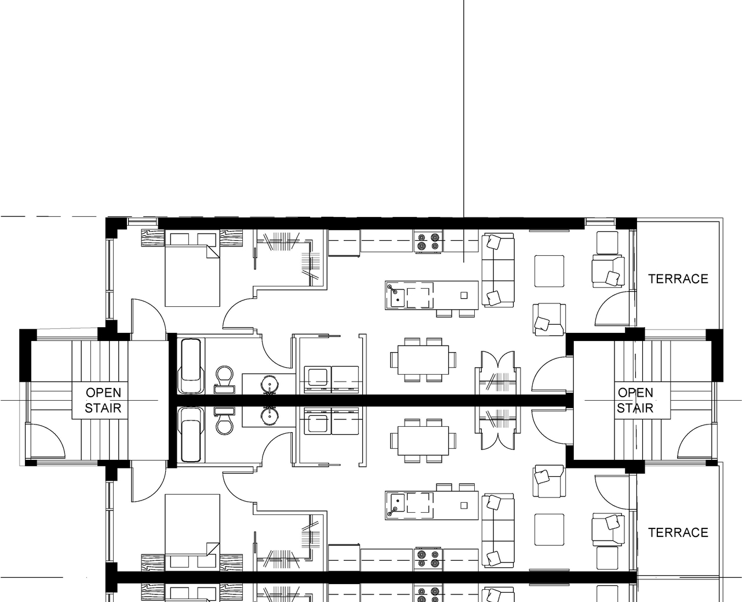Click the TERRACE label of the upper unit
(x=678, y=279)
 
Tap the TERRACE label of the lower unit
(x=678, y=532)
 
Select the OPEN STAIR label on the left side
(x=103, y=400)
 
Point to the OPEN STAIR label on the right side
(x=635, y=400)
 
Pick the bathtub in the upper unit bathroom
(x=191, y=366)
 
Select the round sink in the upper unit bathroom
(x=270, y=383)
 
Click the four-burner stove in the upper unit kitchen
(x=428, y=241)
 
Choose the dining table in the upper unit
(x=423, y=360)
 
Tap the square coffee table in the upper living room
(x=549, y=270)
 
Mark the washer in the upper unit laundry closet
(x=318, y=378)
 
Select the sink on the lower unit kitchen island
(x=398, y=503)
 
